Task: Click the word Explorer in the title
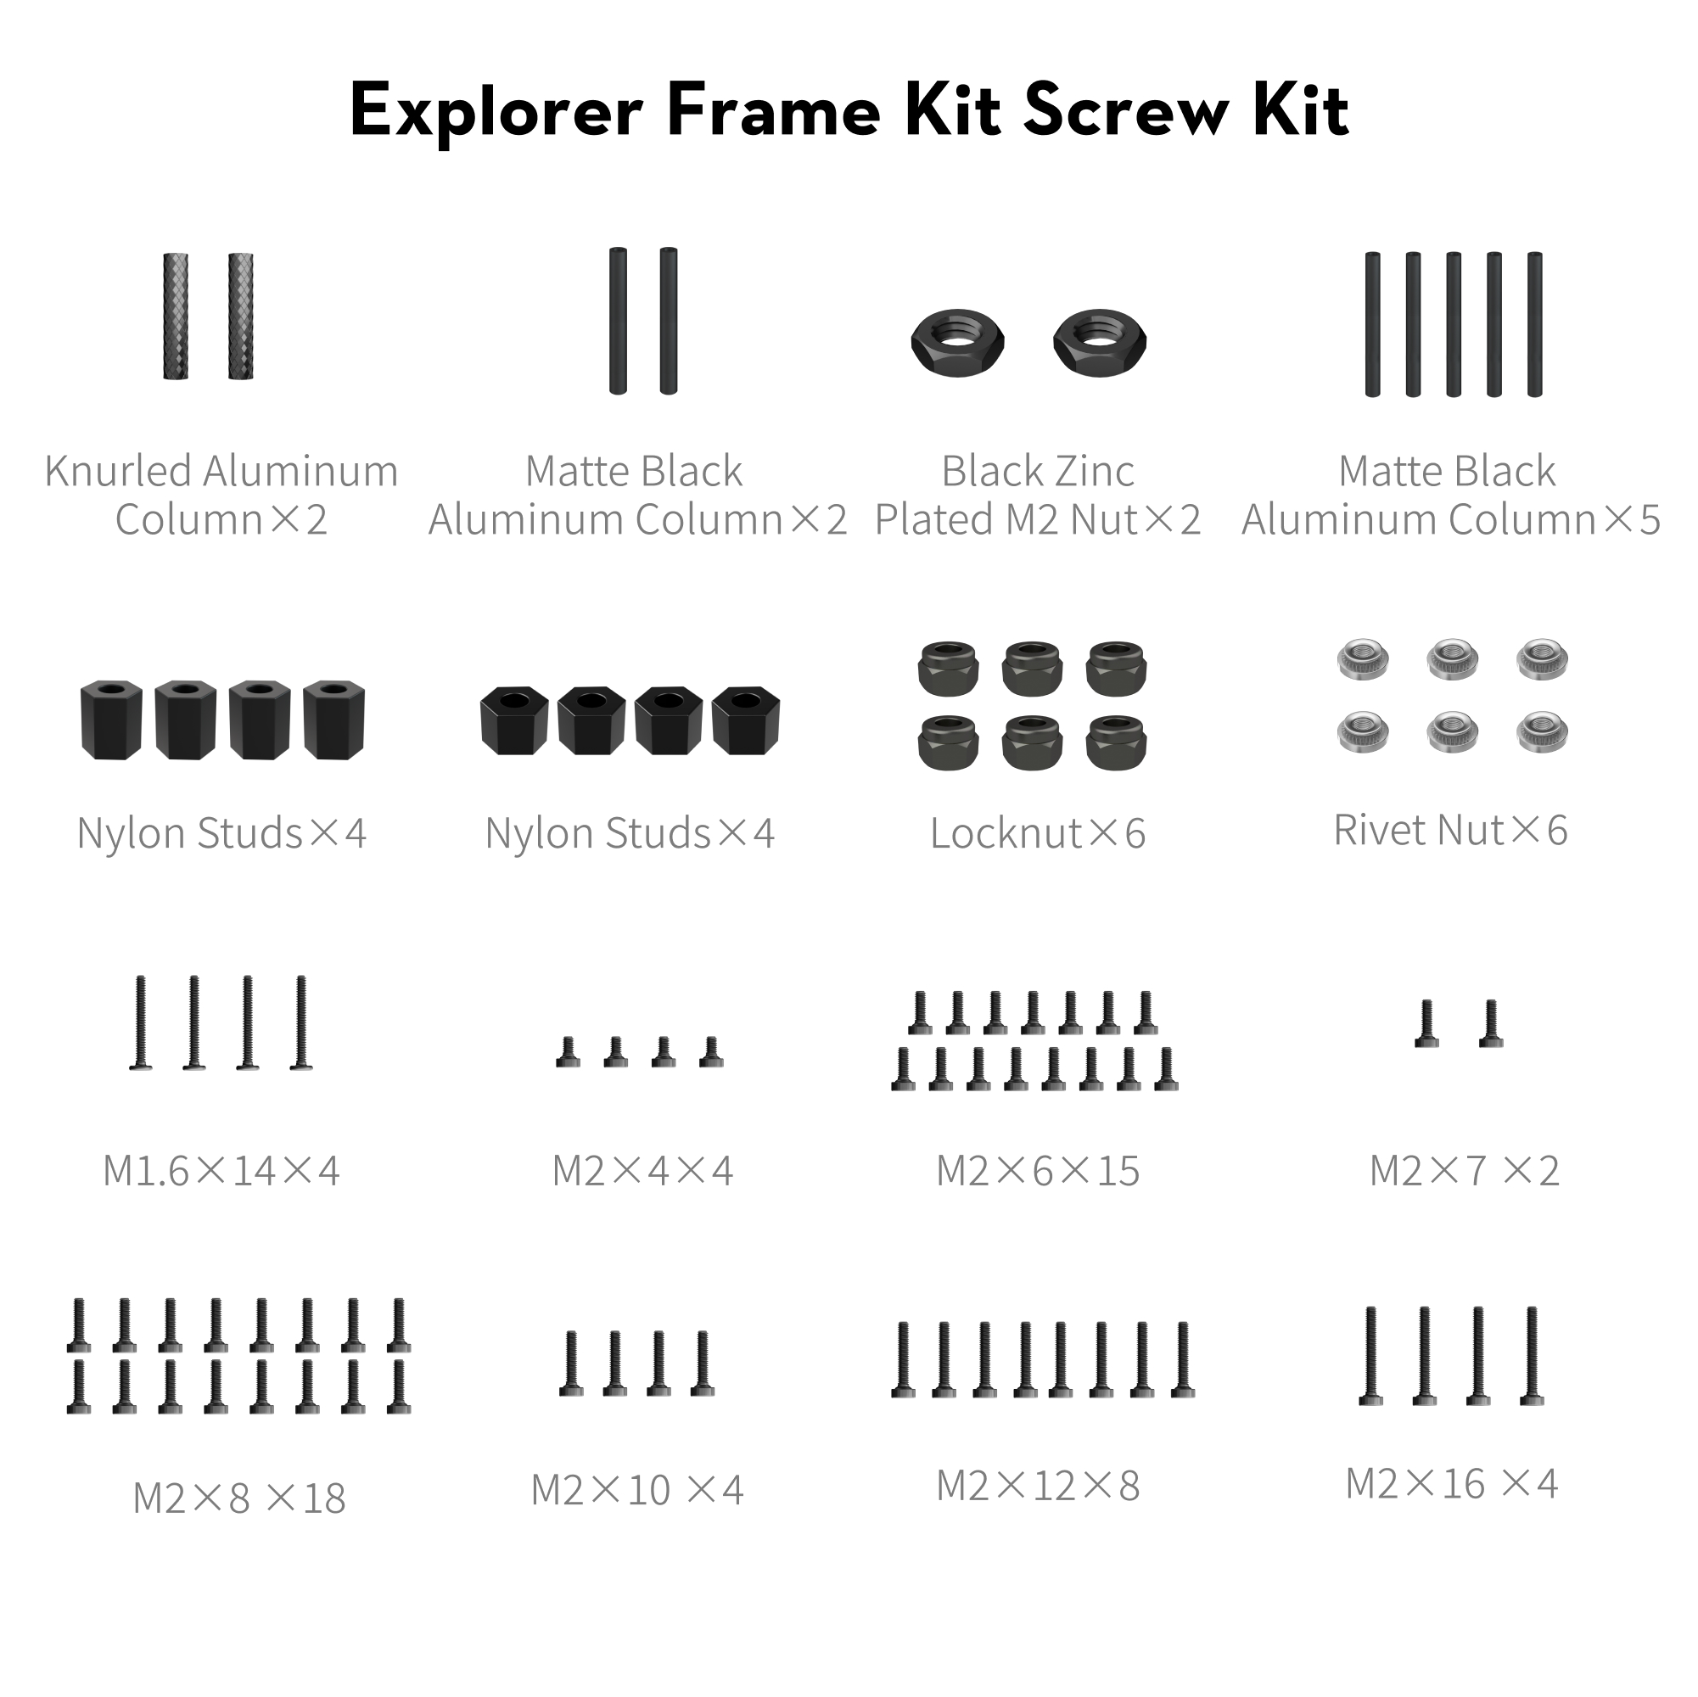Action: pyautogui.click(x=496, y=112)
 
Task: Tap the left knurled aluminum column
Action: pyautogui.click(x=176, y=316)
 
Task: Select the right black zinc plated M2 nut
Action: pyautogui.click(x=1100, y=340)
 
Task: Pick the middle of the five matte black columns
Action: pyautogui.click(x=1454, y=324)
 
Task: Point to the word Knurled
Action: pyautogui.click(x=117, y=471)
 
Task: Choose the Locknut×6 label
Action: pyautogui.click(x=1037, y=833)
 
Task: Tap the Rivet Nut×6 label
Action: pyautogui.click(x=1450, y=830)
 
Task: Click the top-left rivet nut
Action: pyautogui.click(x=1363, y=658)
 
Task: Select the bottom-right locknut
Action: pyautogui.click(x=1115, y=742)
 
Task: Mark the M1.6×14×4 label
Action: pyautogui.click(x=221, y=1171)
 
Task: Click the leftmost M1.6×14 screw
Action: pyautogui.click(x=141, y=1023)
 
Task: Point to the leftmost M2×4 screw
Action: pyautogui.click(x=568, y=1052)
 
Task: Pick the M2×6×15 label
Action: pyautogui.click(x=1037, y=1171)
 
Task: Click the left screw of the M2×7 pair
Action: pyautogui.click(x=1426, y=1024)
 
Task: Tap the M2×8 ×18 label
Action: pyautogui.click(x=239, y=1498)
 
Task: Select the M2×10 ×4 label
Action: pyautogui.click(x=637, y=1490)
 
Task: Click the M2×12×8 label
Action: pyautogui.click(x=1037, y=1486)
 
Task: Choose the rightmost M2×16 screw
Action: pyautogui.click(x=1532, y=1369)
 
